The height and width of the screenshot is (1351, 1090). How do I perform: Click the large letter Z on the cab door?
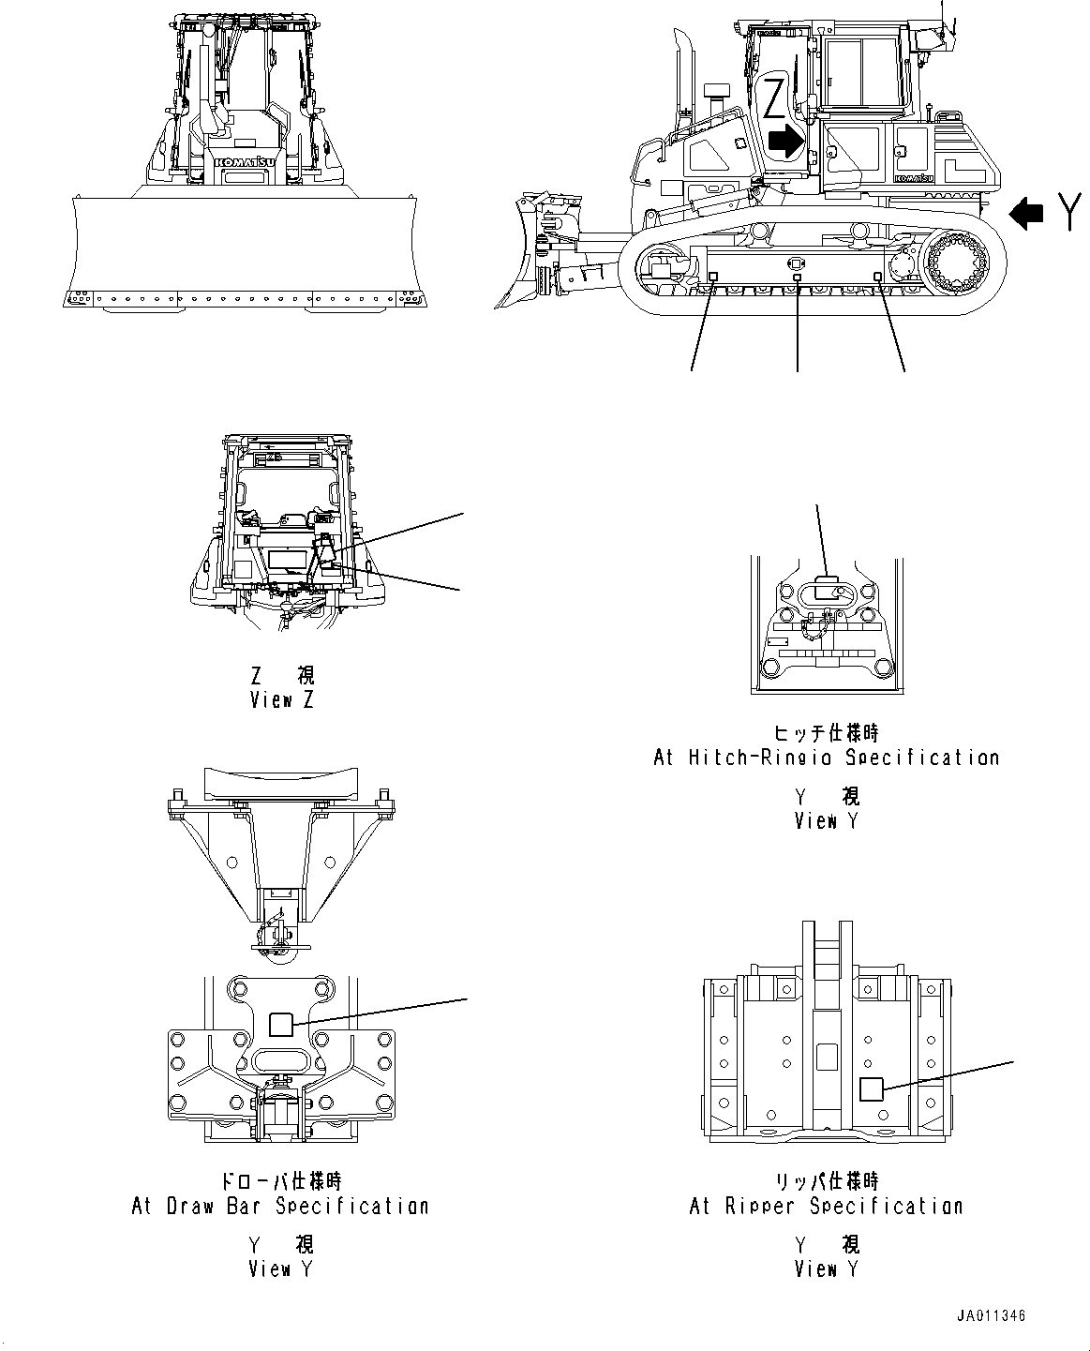pyautogui.click(x=775, y=98)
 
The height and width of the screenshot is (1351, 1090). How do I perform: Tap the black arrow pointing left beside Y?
pyautogui.click(x=1026, y=215)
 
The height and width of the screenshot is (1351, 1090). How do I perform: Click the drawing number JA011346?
pyautogui.click(x=991, y=1316)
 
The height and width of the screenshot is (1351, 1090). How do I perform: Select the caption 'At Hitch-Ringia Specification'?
pyautogui.click(x=826, y=757)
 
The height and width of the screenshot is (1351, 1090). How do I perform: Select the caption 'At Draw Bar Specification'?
pyautogui.click(x=279, y=1206)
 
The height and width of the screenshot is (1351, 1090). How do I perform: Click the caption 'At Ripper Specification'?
pyautogui.click(x=826, y=1206)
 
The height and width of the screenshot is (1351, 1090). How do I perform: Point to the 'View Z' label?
pyautogui.click(x=282, y=699)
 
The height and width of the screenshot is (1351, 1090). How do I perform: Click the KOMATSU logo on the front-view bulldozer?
pyautogui.click(x=246, y=162)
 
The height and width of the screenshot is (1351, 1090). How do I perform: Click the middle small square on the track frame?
pyautogui.click(x=798, y=278)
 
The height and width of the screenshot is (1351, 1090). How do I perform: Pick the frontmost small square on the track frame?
pyautogui.click(x=711, y=277)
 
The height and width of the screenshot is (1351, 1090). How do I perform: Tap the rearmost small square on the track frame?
pyautogui.click(x=878, y=277)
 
